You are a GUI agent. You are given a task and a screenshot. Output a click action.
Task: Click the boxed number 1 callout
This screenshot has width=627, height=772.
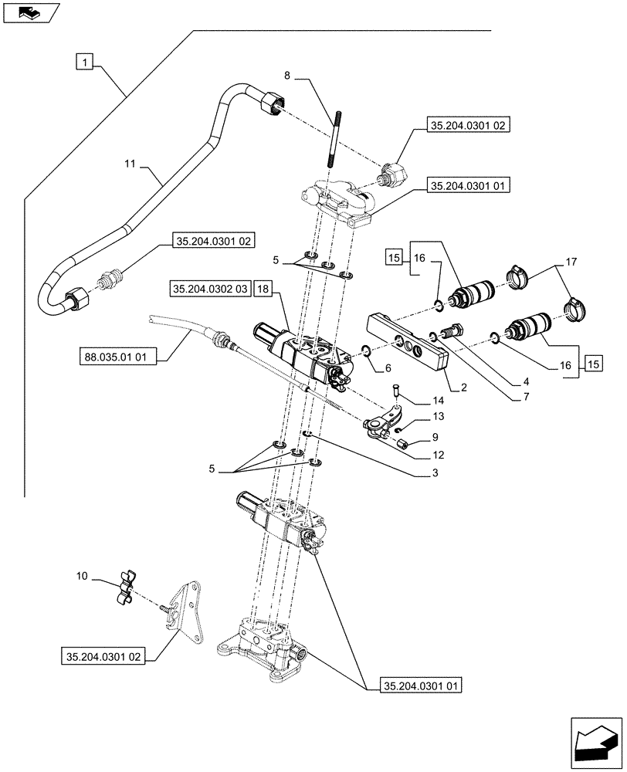pyautogui.click(x=84, y=60)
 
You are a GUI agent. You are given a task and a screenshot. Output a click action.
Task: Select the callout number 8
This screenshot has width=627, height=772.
pyautogui.click(x=288, y=76)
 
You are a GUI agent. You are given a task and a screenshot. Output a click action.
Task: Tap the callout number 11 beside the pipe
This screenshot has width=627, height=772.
pyautogui.click(x=130, y=164)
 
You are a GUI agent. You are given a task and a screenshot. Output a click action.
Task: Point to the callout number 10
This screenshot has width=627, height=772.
pyautogui.click(x=83, y=576)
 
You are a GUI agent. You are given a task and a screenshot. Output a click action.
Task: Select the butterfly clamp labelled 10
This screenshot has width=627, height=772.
pyautogui.click(x=125, y=589)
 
